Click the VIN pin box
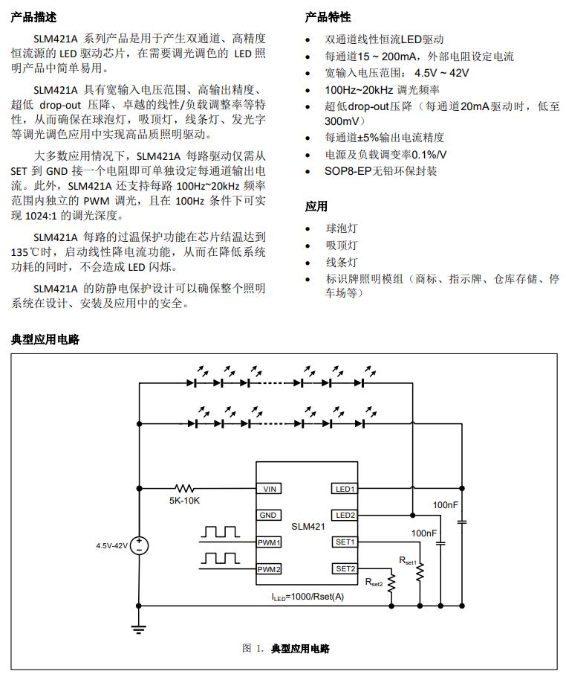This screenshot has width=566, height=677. (x=269, y=489)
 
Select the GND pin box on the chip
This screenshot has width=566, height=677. (x=269, y=516)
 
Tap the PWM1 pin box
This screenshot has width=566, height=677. (x=269, y=542)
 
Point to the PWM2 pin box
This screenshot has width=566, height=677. (x=269, y=569)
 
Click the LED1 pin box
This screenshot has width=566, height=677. (x=345, y=489)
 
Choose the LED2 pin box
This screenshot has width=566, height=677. (x=345, y=516)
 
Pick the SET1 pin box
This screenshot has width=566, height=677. (x=345, y=542)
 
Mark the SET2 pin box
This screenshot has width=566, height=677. (x=345, y=569)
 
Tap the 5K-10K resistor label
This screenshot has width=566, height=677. (x=184, y=501)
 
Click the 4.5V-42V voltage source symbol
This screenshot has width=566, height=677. (x=140, y=545)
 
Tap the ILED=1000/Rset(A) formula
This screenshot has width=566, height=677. (x=307, y=596)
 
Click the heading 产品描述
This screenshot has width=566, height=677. (x=33, y=17)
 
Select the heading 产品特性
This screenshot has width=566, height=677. (x=328, y=17)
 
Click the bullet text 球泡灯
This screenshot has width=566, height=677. (x=342, y=228)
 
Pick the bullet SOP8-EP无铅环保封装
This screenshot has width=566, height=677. (x=381, y=171)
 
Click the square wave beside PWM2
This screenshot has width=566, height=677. (x=220, y=557)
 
